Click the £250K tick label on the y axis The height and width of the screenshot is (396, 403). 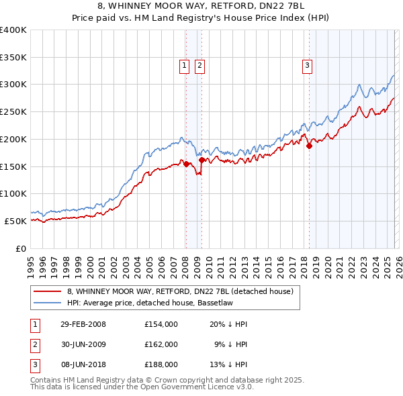[13, 111]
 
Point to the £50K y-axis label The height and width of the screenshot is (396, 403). [15, 221]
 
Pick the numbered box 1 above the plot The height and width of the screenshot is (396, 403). [184, 65]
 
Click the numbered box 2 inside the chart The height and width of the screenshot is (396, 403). [199, 65]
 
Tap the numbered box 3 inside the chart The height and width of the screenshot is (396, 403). [307, 65]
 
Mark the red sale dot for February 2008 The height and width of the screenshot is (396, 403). [186, 164]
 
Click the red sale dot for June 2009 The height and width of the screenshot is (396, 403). [201, 160]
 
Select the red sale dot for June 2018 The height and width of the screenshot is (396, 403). [309, 146]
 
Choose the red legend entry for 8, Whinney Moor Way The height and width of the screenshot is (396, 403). [180, 292]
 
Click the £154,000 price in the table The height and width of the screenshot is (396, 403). [161, 324]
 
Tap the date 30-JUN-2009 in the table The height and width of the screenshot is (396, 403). [83, 344]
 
